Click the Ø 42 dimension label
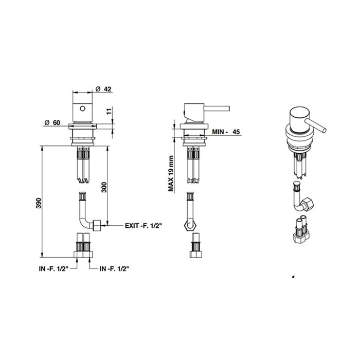(x=103, y=89)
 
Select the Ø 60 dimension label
(x=52, y=122)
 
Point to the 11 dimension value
(x=109, y=111)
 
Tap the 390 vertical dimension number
(x=39, y=203)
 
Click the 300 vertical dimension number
(x=104, y=187)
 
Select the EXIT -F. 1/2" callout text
(x=143, y=226)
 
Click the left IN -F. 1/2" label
(x=53, y=268)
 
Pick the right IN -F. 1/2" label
(x=114, y=268)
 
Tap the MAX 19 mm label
(x=171, y=174)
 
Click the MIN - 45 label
(x=226, y=132)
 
